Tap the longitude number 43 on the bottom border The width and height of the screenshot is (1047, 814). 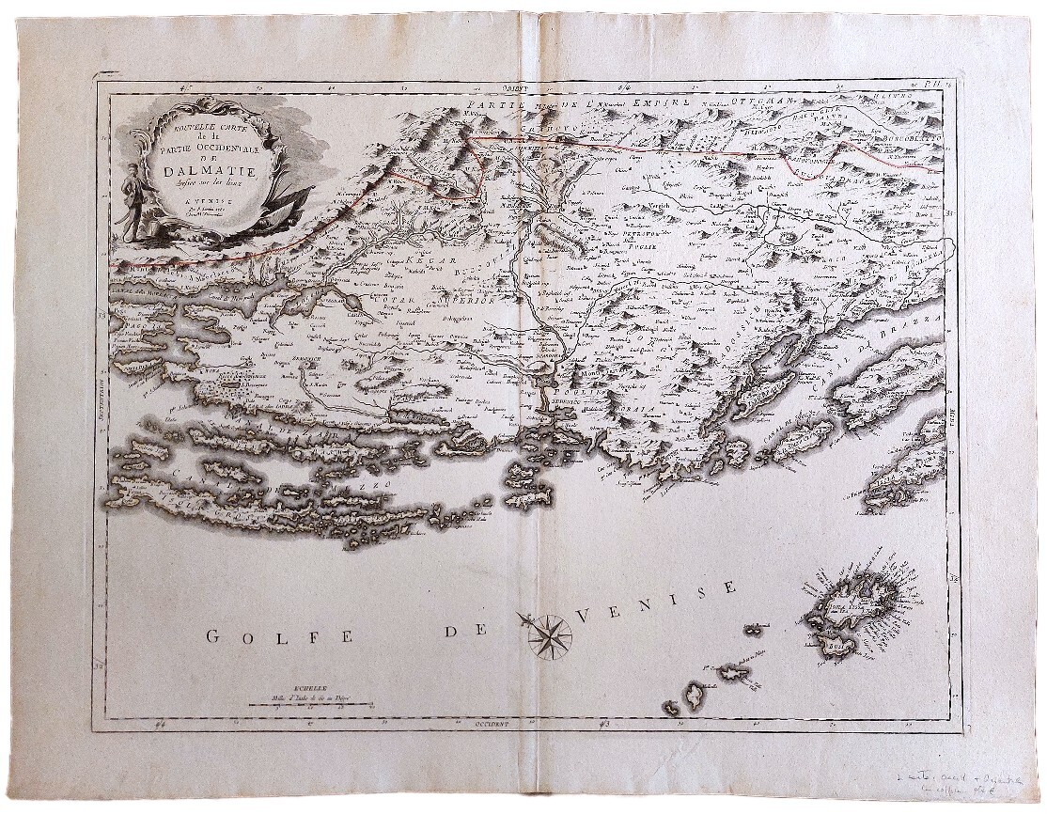(604, 724)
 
